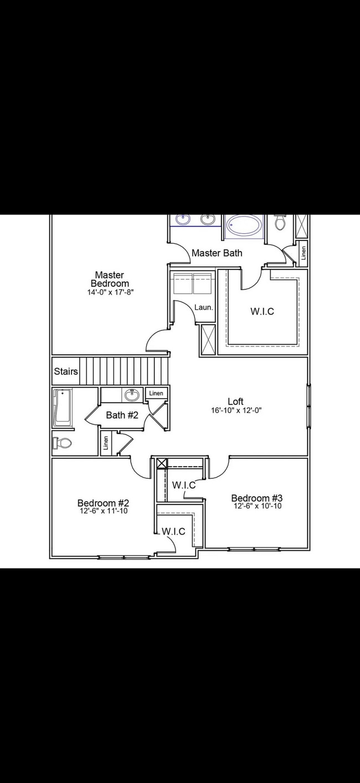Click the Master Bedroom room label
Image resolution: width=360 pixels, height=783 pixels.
pos(109,279)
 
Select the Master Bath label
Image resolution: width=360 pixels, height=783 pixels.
pos(217,253)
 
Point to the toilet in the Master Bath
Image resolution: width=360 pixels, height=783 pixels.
pos(280,223)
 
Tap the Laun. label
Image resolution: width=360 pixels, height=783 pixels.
pos(203,307)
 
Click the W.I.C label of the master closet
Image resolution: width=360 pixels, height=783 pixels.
pos(262,311)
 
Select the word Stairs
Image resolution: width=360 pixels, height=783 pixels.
pos(66,371)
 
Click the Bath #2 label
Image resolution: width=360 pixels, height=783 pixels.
pos(122,414)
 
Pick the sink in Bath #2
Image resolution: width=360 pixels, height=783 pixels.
pos(132,395)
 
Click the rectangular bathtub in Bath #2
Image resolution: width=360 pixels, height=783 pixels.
pos(63,408)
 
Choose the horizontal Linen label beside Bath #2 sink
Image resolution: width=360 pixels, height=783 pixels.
pos(157,393)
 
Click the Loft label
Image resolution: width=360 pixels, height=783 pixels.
pos(235,401)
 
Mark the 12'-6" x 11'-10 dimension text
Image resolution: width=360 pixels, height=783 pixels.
pos(103,511)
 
